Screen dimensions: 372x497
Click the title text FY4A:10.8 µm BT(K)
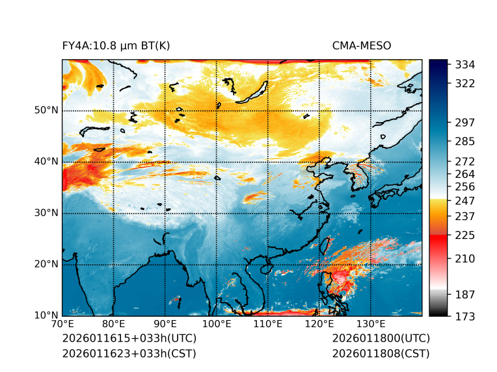pos(116,45)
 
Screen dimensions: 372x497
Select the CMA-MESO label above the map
pos(362,45)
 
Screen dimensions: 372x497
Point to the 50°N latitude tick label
pos(46,110)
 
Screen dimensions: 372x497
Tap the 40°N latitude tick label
pos(46,162)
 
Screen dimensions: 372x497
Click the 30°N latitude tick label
pos(46,213)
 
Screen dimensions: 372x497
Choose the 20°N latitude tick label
pos(46,264)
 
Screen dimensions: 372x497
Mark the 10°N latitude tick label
pos(46,316)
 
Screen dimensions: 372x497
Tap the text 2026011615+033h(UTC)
pos(129,339)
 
